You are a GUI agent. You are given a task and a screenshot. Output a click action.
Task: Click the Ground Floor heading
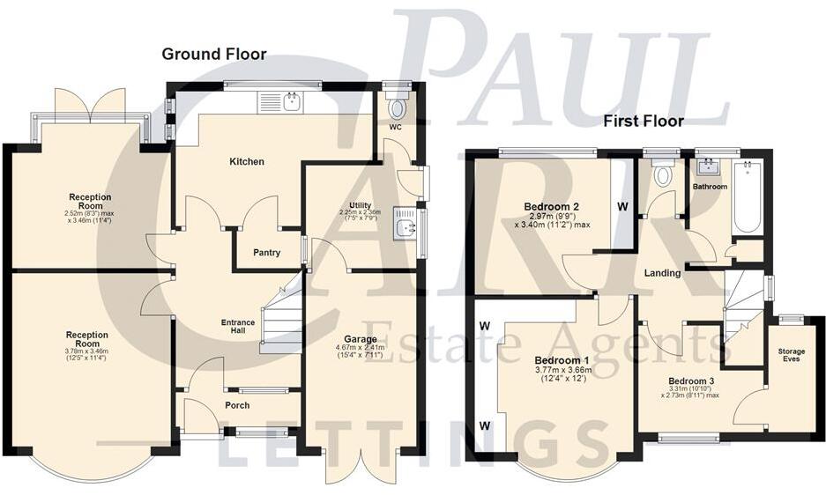click(x=213, y=55)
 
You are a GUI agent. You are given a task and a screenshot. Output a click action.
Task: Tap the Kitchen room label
click(x=247, y=161)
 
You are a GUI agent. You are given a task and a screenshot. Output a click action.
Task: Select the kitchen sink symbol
click(x=280, y=103)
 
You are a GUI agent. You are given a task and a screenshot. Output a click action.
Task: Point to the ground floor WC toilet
click(x=398, y=108)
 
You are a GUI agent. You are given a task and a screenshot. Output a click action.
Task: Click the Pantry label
click(x=267, y=253)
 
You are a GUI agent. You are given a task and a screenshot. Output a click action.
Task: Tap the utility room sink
click(x=406, y=226)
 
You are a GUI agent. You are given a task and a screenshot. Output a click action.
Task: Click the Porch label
click(x=237, y=405)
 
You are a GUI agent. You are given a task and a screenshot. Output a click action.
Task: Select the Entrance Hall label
click(x=237, y=328)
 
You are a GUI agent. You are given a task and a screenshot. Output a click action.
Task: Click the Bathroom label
click(x=710, y=188)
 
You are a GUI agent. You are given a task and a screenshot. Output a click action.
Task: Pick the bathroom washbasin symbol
click(x=708, y=166)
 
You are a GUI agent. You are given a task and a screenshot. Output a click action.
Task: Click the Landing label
click(x=662, y=273)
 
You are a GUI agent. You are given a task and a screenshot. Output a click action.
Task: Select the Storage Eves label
click(x=791, y=355)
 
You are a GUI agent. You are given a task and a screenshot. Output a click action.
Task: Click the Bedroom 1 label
click(x=562, y=361)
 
